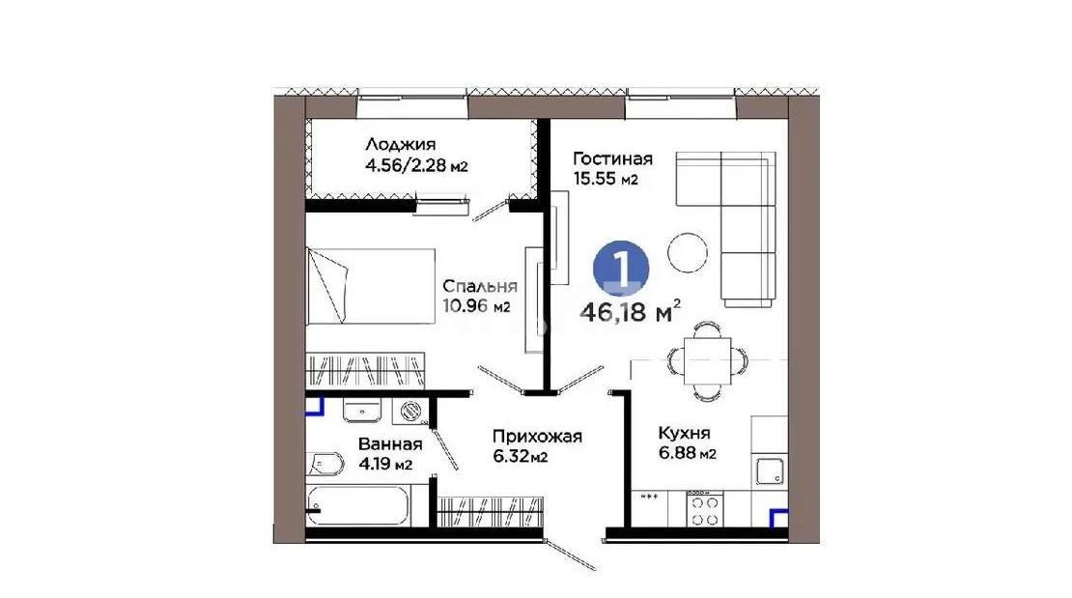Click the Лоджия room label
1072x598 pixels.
click(396, 146)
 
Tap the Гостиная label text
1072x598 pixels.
click(612, 158)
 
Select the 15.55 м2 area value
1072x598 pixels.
click(606, 180)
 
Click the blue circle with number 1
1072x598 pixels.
click(620, 266)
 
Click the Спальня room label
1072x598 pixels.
click(480, 286)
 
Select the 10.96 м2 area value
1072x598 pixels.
click(476, 306)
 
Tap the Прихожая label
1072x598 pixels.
click(536, 436)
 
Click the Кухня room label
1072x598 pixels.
click(687, 432)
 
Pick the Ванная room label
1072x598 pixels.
click(390, 444)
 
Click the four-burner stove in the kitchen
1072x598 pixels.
click(705, 508)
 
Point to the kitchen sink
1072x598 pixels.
click(770, 471)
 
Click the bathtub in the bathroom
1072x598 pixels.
click(359, 506)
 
